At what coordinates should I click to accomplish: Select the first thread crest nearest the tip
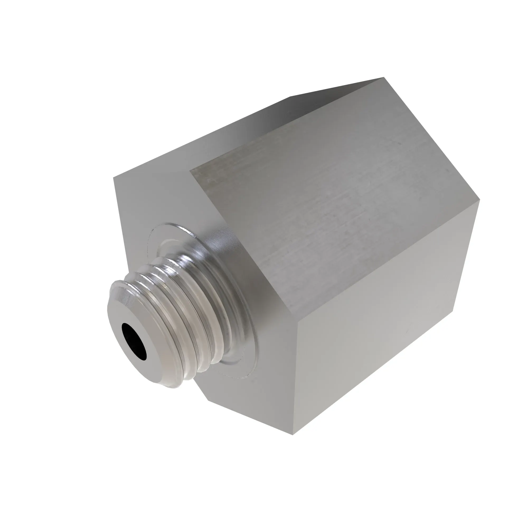click(x=129, y=284)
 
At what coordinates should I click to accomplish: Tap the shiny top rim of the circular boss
click(x=175, y=227)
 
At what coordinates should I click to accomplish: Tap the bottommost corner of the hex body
click(x=293, y=435)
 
